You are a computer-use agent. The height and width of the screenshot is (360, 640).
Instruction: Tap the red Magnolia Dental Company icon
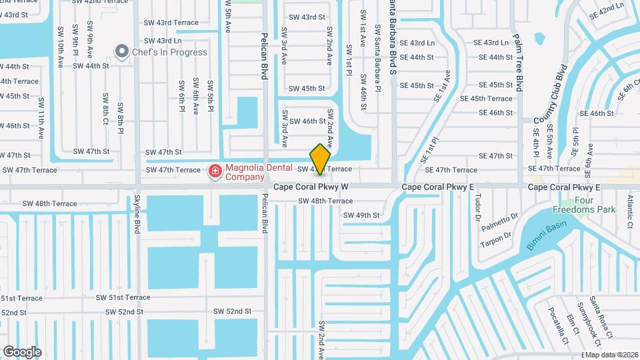click(215, 172)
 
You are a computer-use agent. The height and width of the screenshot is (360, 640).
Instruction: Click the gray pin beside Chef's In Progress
click(122, 51)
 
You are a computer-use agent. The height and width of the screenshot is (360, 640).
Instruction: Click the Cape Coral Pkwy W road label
click(311, 187)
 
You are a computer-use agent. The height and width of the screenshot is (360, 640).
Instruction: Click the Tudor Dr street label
click(477, 207)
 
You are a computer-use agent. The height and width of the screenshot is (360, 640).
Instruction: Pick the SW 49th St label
click(361, 215)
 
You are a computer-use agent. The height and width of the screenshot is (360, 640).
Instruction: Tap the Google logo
click(22, 352)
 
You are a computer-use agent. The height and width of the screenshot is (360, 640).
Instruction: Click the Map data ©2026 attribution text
click(611, 355)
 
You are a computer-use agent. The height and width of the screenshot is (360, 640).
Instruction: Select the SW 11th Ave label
click(41, 118)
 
